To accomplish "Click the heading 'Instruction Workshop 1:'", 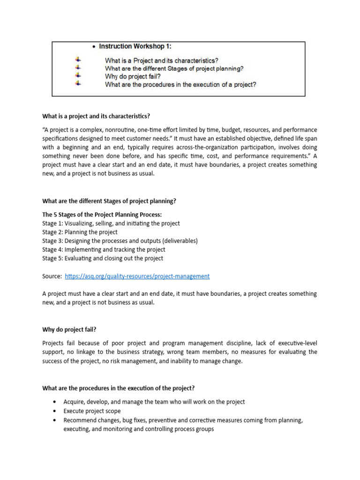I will pyautogui.click(x=138, y=46).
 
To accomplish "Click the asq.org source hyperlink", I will pyautogui.click(x=137, y=277).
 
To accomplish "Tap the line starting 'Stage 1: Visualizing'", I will pyautogui.click(x=111, y=223).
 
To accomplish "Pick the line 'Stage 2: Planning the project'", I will pyautogui.click(x=80, y=232).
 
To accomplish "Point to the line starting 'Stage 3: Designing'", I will pyautogui.click(x=120, y=241).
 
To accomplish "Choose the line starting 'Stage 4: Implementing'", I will pyautogui.click(x=104, y=250).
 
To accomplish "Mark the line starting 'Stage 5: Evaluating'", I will pyautogui.click(x=103, y=259).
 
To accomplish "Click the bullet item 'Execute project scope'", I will pyautogui.click(x=92, y=411).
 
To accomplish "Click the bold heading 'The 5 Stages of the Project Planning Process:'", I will pyautogui.click(x=102, y=214).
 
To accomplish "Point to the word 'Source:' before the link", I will pyautogui.click(x=52, y=277).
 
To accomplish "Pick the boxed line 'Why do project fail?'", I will pyautogui.click(x=133, y=76).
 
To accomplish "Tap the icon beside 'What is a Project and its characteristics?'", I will pyautogui.click(x=78, y=60).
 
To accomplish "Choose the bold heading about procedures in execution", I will pyautogui.click(x=119, y=388).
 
